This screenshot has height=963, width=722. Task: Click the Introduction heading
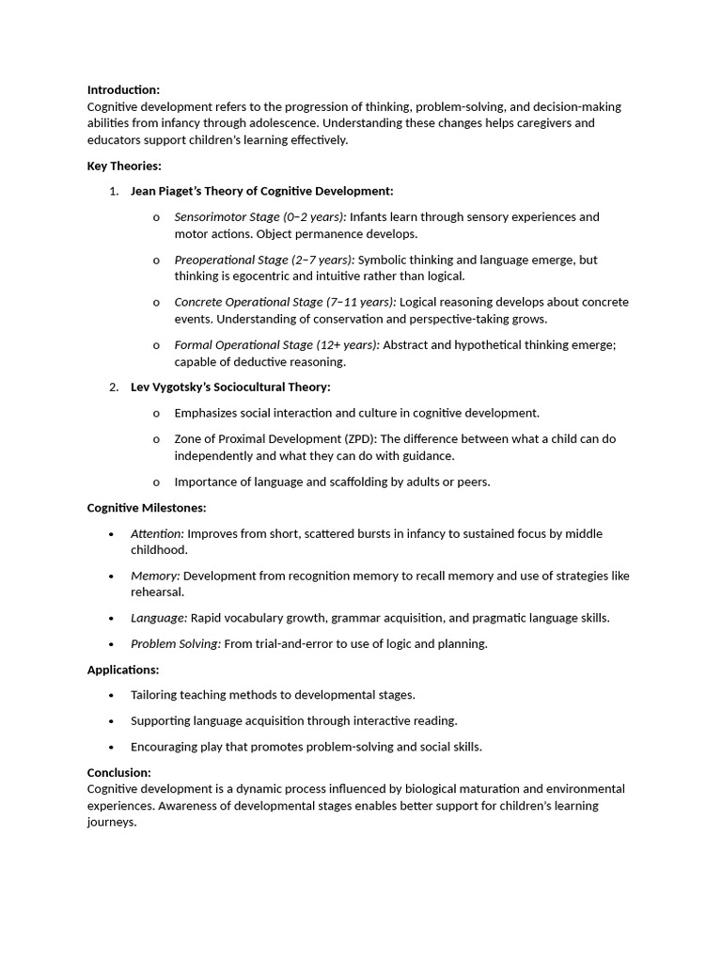[123, 89]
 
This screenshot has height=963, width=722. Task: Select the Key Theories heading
[124, 166]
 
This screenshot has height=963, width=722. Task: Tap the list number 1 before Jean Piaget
[113, 192]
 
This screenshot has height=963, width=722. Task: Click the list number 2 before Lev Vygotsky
[113, 387]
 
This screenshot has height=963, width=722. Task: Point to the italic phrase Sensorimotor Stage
[227, 217]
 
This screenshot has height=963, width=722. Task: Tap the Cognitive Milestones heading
[147, 508]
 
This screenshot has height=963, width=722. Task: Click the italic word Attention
[156, 534]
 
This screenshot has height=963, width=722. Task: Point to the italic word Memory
[154, 576]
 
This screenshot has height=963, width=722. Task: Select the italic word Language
[158, 619]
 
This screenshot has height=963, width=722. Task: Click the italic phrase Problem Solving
[175, 644]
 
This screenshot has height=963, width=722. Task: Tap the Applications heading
[123, 670]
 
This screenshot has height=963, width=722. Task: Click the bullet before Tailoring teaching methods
[111, 696]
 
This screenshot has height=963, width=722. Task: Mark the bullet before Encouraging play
[111, 748]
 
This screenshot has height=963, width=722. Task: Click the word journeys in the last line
[111, 823]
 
